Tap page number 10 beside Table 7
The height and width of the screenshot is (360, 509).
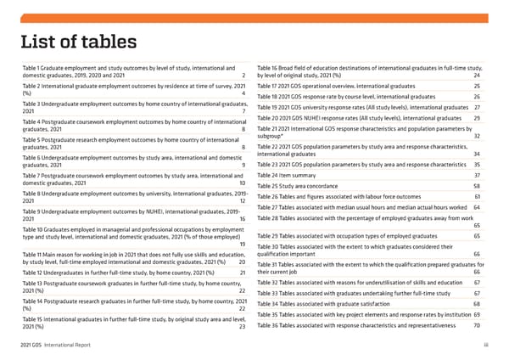click(243, 183)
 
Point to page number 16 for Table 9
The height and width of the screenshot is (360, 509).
click(243, 219)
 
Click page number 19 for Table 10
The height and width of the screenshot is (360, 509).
click(243, 245)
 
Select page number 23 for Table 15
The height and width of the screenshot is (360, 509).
click(243, 327)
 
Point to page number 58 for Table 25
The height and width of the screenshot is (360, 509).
click(478, 186)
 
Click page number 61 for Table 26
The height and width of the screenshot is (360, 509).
click(478, 197)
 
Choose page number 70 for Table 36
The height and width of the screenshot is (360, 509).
click(478, 326)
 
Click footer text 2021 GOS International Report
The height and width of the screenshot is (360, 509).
click(54, 345)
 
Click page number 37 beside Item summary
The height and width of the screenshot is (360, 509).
click(478, 175)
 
